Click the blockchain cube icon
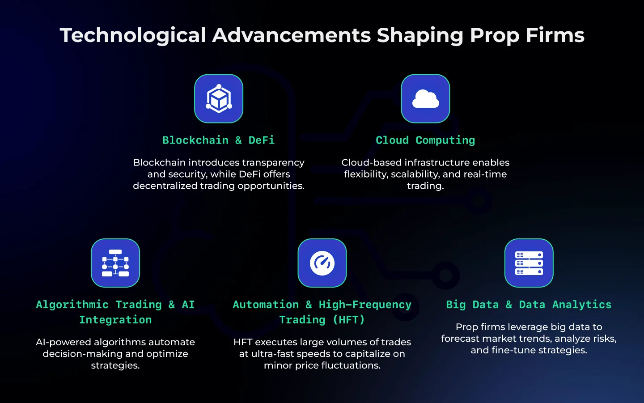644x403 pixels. point(219,98)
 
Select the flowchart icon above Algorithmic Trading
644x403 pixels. point(115,263)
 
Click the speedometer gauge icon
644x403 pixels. point(322,263)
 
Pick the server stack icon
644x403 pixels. point(529,263)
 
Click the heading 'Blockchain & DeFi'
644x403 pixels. point(219,140)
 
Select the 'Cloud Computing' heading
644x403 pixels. point(425,140)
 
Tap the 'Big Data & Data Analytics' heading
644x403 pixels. point(529,305)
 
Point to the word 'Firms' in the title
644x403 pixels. point(555,35)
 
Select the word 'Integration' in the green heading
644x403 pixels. point(115,320)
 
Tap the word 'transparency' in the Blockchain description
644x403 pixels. point(273,163)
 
